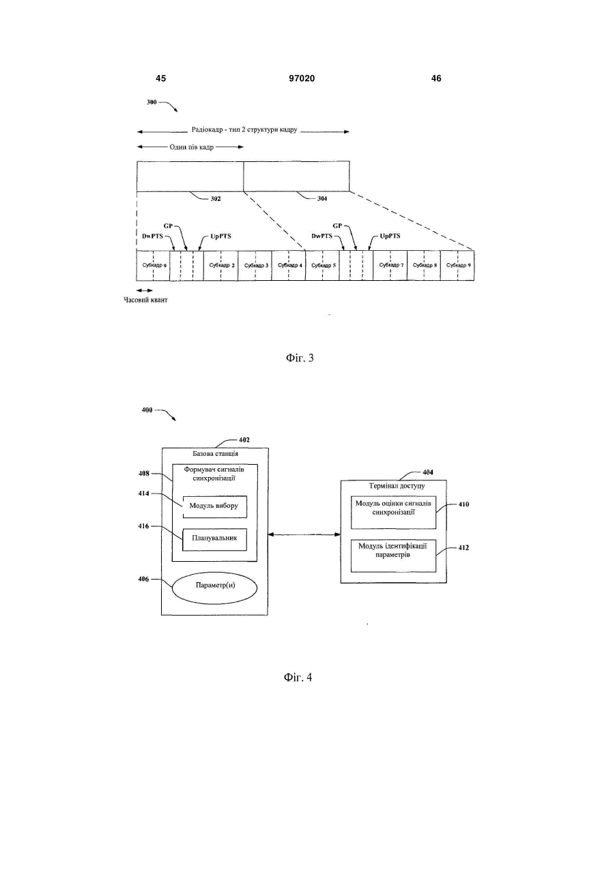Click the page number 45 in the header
160,79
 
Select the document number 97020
302,79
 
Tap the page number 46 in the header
436,79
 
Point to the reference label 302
215,199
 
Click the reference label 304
322,198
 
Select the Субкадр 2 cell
220,265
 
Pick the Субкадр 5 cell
322,265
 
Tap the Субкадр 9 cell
457,265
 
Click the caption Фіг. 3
300,357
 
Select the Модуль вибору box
214,506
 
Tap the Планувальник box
214,539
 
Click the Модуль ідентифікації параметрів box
393,556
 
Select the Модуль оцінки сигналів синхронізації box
393,513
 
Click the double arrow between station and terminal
304,534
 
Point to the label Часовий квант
145,300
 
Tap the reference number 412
463,547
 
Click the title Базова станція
215,453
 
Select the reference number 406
143,579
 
